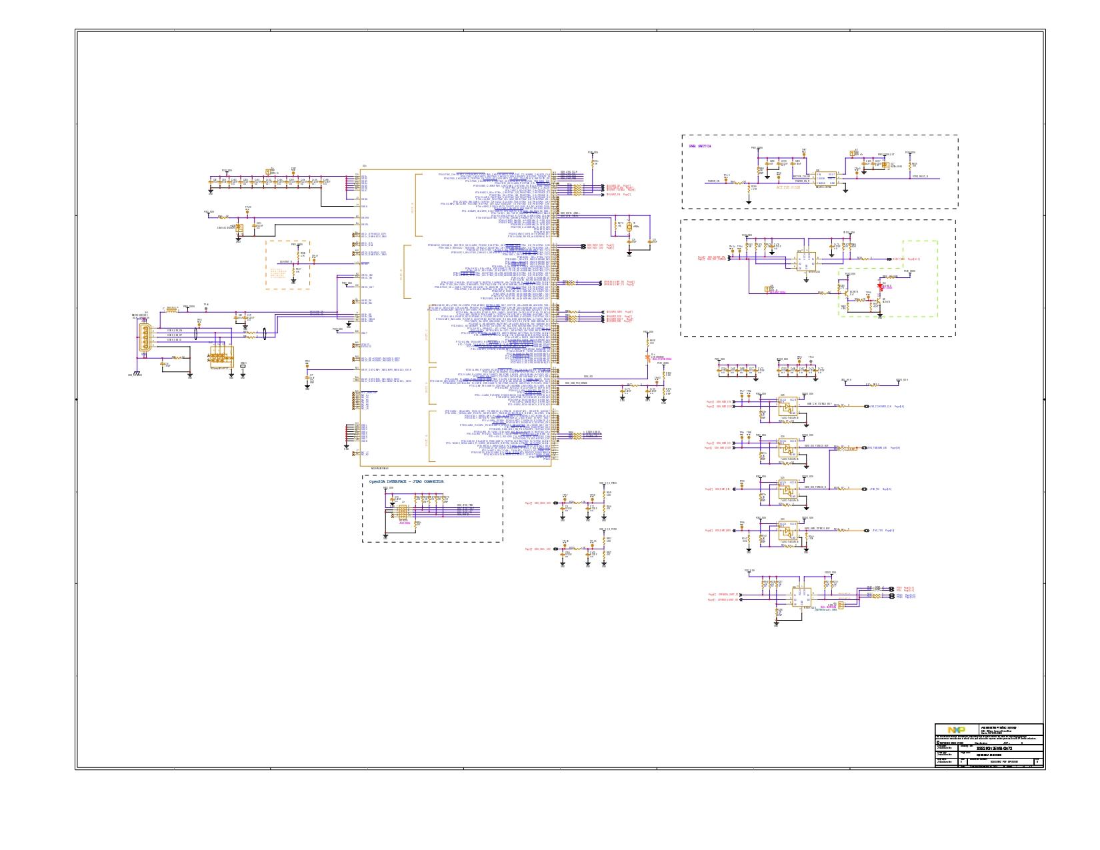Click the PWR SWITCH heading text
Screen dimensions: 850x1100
700,146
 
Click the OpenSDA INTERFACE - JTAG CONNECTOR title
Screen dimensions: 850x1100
406,481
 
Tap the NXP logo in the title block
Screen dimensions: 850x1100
956,730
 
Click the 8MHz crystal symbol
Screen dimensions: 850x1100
629,225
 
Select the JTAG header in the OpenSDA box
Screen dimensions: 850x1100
402,512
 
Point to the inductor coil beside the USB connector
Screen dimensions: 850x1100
171,310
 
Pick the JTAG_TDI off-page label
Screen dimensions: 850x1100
875,489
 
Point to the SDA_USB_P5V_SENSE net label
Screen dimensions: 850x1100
577,383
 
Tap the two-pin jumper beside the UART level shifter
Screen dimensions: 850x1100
840,605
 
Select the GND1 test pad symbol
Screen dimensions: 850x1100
243,365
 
